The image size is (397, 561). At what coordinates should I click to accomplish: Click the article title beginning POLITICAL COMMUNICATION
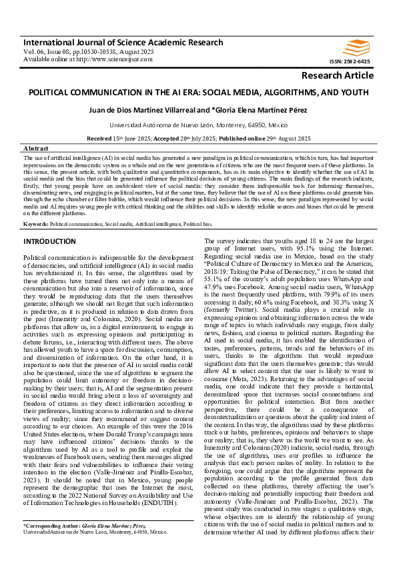click(x=198, y=91)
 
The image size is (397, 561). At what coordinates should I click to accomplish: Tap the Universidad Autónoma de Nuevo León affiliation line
click(x=198, y=125)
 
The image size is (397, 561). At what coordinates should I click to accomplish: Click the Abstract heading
click(x=35, y=148)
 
